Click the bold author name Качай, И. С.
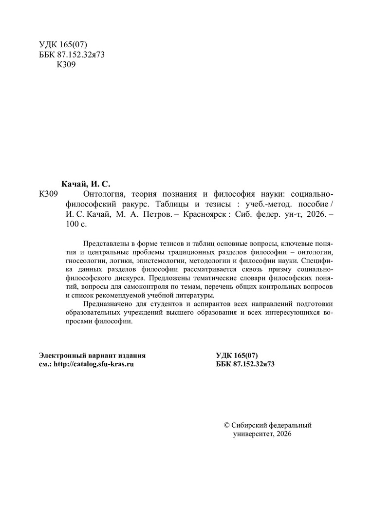point(85,184)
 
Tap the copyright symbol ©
point(219,425)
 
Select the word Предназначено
point(108,304)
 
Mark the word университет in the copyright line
point(254,434)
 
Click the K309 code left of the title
point(48,194)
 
